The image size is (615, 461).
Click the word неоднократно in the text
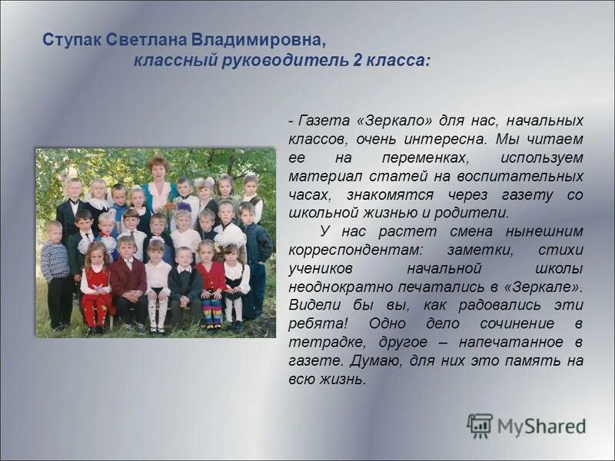[x=338, y=287]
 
